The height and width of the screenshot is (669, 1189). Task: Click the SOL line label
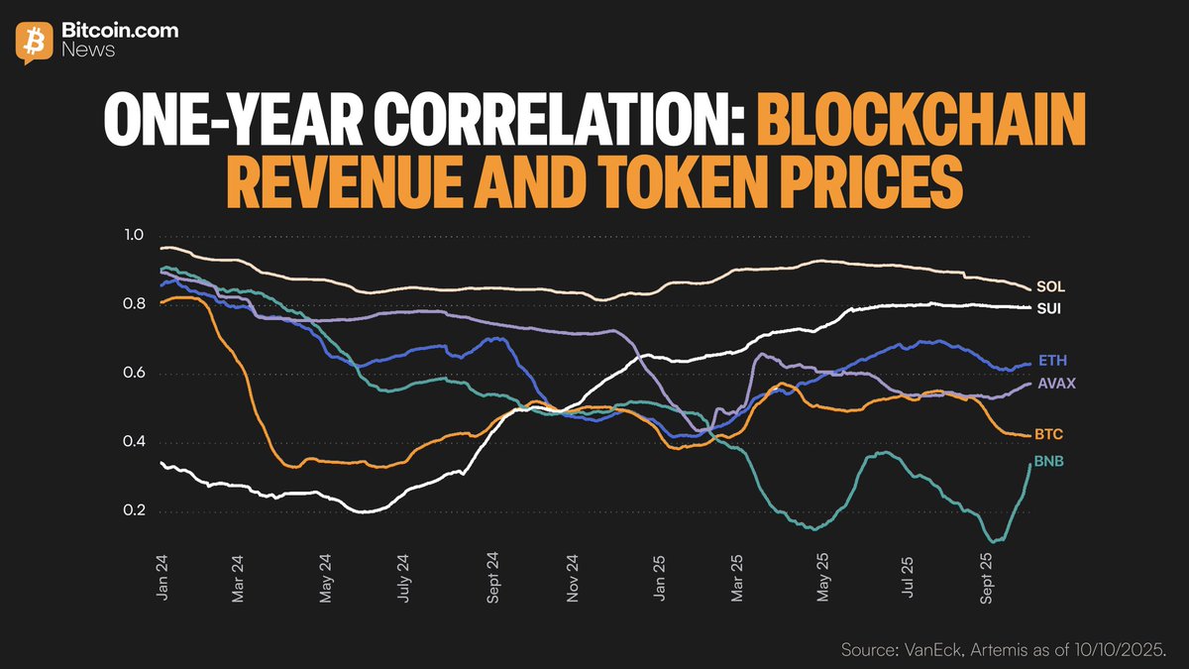(x=1051, y=286)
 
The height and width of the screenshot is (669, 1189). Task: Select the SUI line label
(x=1050, y=309)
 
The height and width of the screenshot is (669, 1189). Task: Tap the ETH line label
(x=1052, y=360)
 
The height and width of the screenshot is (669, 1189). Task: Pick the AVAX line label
(x=1057, y=384)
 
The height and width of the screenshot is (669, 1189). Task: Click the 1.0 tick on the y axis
(x=134, y=236)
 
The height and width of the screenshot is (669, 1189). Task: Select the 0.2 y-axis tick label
(x=134, y=511)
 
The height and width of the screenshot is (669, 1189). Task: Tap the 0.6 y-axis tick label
(x=134, y=374)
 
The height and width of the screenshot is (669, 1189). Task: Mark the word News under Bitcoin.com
(x=88, y=50)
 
